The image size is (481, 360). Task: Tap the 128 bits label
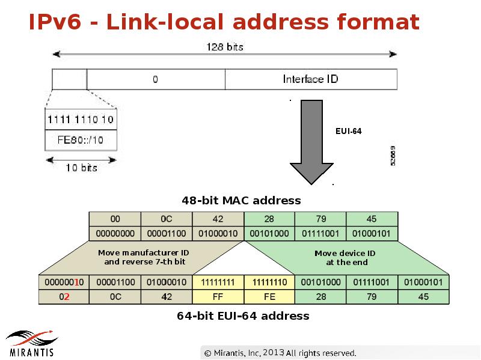click(225, 46)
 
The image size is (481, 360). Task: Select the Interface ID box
click(310, 79)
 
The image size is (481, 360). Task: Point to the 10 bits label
click(81, 168)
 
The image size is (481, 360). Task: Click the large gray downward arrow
click(311, 142)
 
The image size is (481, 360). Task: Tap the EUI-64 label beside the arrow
click(349, 130)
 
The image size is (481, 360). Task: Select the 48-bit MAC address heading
click(241, 200)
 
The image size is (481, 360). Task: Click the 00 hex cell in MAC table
click(115, 219)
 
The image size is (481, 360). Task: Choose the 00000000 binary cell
click(115, 233)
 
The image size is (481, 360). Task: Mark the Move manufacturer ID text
click(144, 257)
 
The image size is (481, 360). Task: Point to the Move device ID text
click(345, 257)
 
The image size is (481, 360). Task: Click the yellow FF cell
click(218, 297)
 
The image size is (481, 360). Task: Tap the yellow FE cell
click(269, 297)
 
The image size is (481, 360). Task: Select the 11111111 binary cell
click(218, 282)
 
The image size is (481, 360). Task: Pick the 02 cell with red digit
click(64, 297)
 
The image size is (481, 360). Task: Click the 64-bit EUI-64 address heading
click(243, 316)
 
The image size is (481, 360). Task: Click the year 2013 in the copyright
click(273, 352)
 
